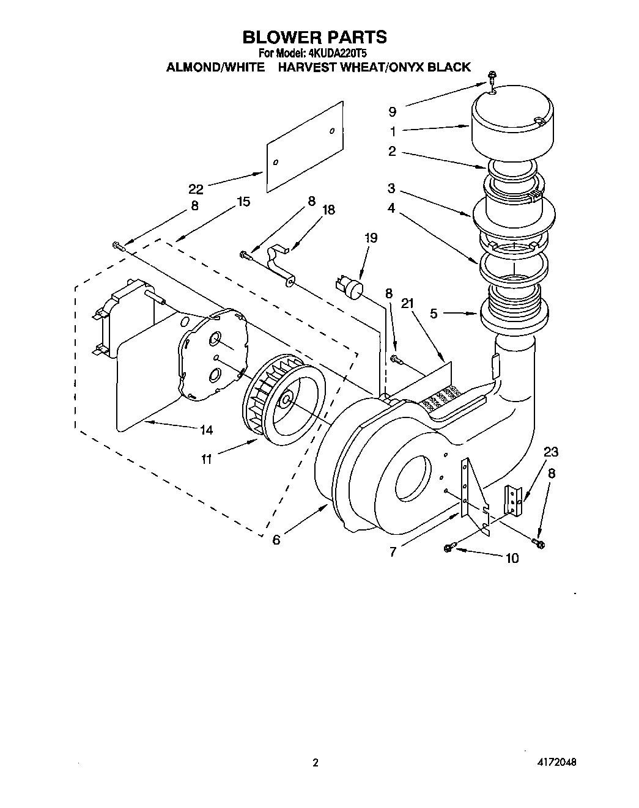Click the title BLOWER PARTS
(x=314, y=37)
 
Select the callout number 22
(x=196, y=189)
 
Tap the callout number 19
(x=371, y=238)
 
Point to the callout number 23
(x=551, y=452)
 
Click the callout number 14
(x=206, y=430)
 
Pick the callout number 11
(x=207, y=458)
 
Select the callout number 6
(x=276, y=540)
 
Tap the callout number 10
(x=511, y=557)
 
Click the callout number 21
(x=408, y=303)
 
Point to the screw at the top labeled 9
(x=492, y=77)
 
